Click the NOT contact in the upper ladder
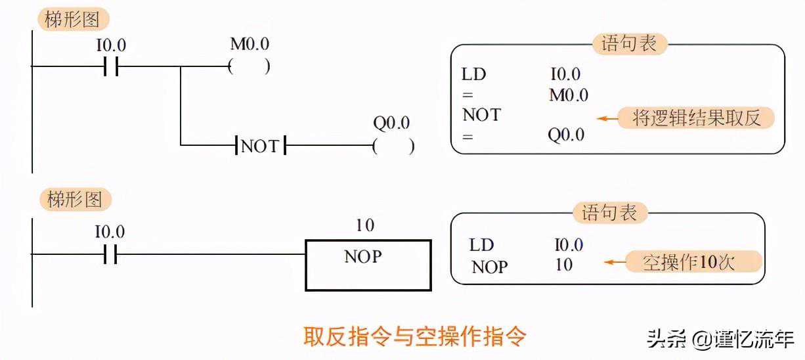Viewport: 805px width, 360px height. pos(261,146)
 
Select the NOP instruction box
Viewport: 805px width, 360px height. pos(368,265)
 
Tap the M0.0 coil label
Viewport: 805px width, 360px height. pos(249,44)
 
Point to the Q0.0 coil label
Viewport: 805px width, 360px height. pos(391,124)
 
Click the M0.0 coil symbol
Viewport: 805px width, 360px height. pos(249,66)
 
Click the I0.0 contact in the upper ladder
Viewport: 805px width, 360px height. pos(110,66)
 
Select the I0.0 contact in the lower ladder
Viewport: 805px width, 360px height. pos(110,254)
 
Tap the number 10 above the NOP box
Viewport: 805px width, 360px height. pos(364,226)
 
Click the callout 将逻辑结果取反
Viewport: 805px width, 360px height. pos(697,118)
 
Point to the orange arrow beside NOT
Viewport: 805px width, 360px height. pos(607,119)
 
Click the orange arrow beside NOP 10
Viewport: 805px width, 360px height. pos(615,263)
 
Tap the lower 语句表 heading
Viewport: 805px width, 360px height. pos(610,213)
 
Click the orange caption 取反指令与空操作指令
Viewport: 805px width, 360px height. pos(414,336)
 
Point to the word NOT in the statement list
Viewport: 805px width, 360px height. pos(481,116)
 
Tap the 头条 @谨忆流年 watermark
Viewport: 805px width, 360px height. pos(720,339)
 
